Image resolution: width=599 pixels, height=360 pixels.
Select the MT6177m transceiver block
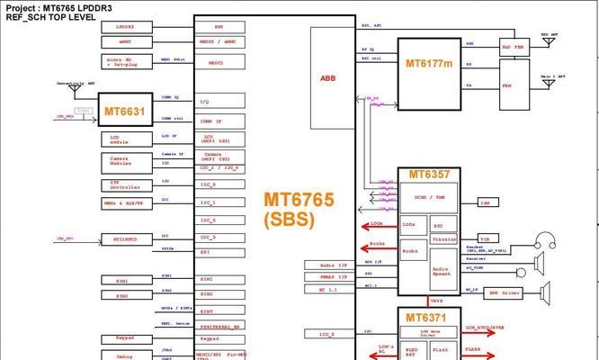[x=428, y=64]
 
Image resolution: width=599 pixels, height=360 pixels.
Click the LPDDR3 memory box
[x=125, y=28]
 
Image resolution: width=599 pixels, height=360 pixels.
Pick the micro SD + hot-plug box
[x=125, y=61]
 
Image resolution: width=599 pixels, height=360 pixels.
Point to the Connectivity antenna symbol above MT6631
[x=74, y=89]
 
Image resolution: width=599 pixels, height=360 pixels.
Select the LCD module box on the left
[x=125, y=139]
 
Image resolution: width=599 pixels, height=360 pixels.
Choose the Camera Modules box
[x=125, y=161]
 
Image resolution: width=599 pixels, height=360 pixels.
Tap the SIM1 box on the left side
[x=125, y=281]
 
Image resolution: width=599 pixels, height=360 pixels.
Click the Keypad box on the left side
[x=125, y=338]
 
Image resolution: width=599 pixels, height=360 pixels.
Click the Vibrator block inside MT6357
[x=443, y=239]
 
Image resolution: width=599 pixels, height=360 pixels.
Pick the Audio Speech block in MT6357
[x=442, y=270]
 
